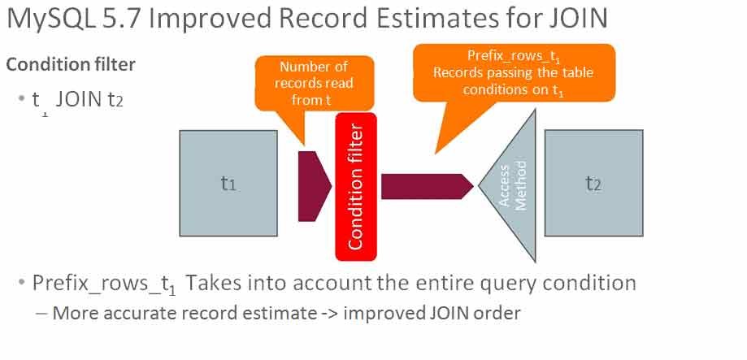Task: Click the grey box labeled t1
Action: tap(228, 183)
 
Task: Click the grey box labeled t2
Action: tap(593, 183)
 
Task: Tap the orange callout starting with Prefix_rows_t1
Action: tap(514, 73)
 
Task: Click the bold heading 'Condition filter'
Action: tap(71, 64)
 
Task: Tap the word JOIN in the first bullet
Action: tap(78, 101)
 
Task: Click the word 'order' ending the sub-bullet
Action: tap(497, 313)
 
